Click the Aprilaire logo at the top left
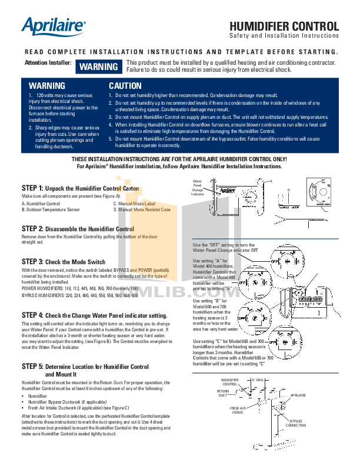54,26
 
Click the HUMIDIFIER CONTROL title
284,26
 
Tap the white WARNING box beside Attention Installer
99,67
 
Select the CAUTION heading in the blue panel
125,86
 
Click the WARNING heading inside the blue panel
47,86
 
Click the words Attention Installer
48,62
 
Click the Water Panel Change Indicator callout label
198,188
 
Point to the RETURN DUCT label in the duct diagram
222,393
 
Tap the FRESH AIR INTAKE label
237,410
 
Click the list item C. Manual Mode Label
135,203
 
